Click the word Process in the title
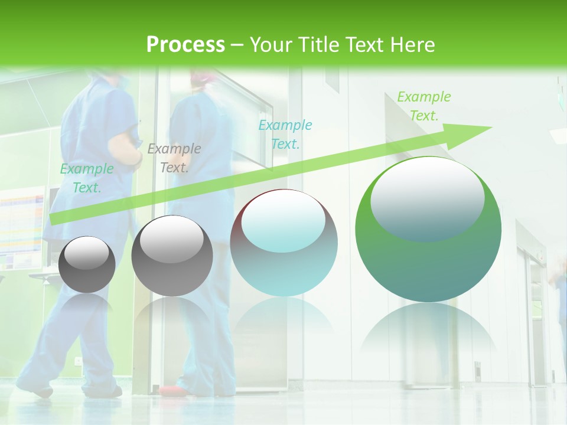pos(185,45)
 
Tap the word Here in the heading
pos(411,45)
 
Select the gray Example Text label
pos(174,158)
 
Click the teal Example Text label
pos(285,134)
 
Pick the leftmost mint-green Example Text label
pos(87,178)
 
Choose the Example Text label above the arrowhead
pos(423,106)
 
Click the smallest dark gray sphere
pos(87,264)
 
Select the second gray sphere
pos(172,256)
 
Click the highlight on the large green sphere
pos(427,198)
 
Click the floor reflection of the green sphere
pos(428,331)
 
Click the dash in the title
pos(237,45)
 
